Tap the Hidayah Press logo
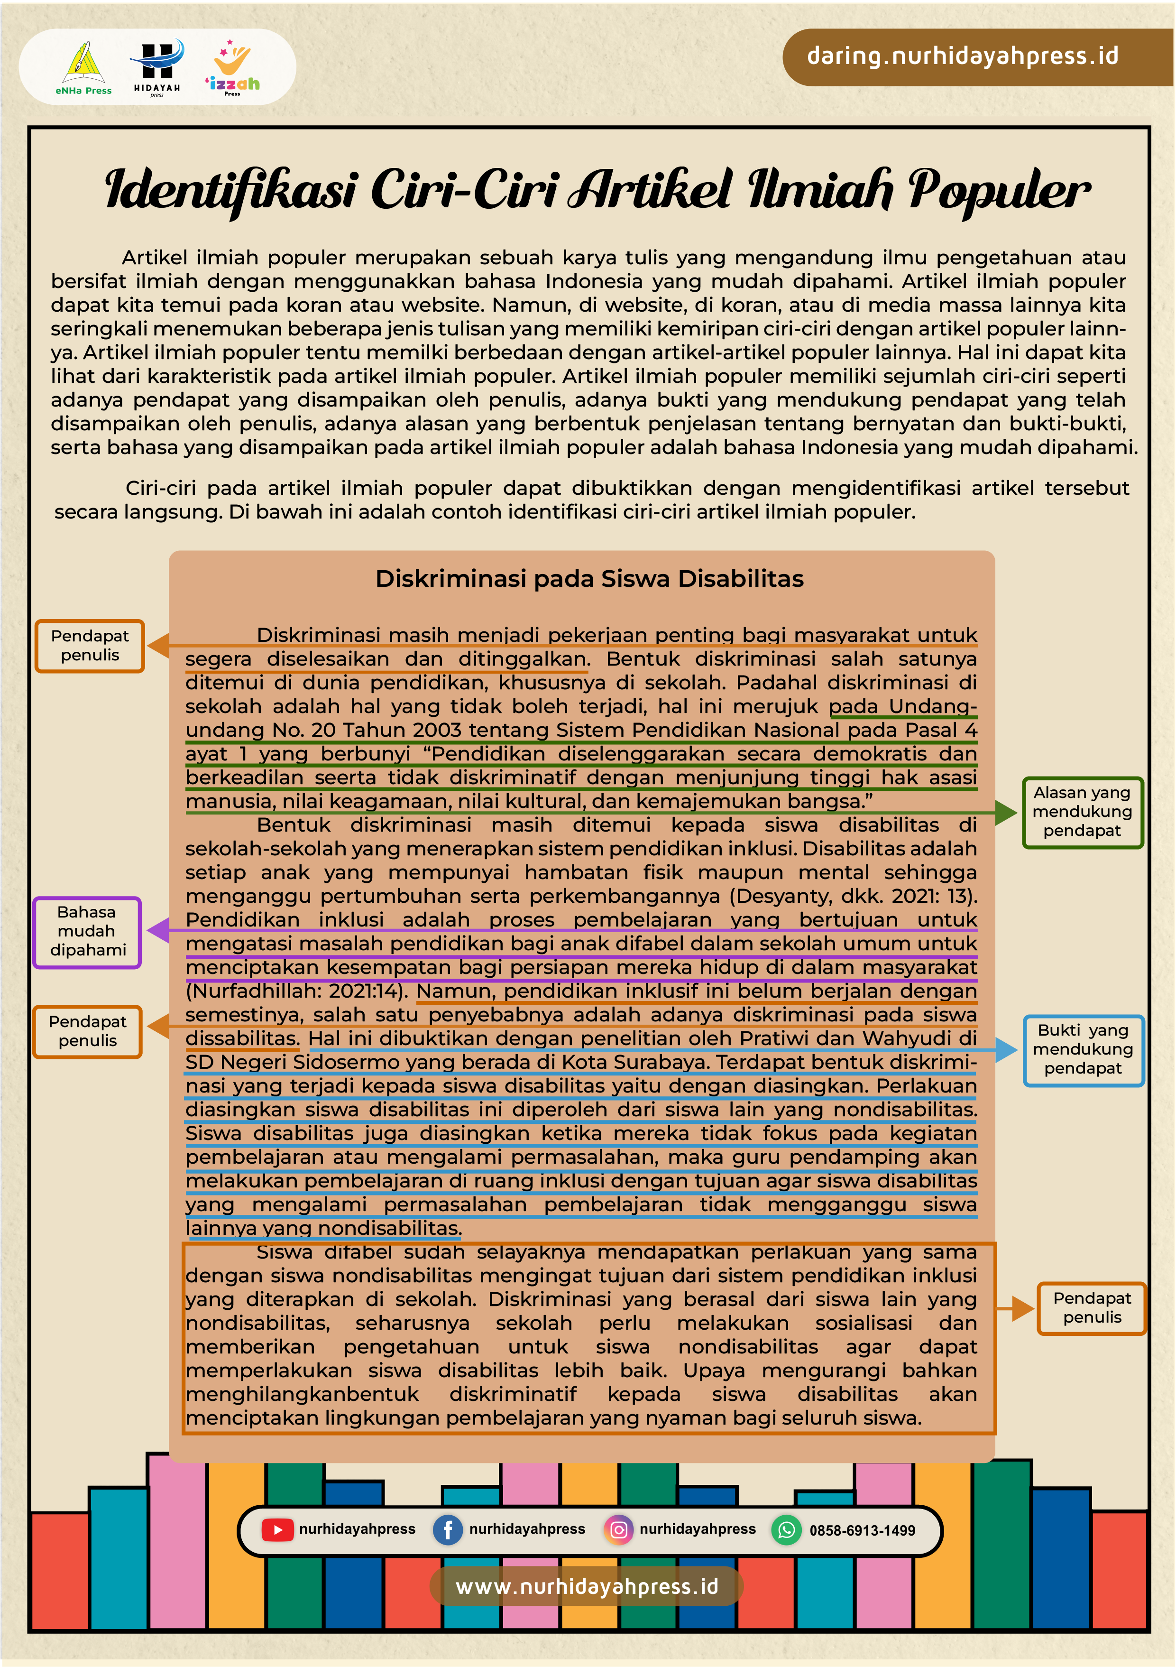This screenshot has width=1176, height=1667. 157,67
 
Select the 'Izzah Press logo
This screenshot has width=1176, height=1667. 232,67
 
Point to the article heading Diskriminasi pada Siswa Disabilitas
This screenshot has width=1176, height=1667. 589,579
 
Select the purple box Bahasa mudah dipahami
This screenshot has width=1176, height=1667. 87,932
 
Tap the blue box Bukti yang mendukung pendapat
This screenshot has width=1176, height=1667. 1083,1049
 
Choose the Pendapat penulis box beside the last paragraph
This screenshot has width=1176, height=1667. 1091,1307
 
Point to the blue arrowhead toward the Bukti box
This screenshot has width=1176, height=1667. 1006,1050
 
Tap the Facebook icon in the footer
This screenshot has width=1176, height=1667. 448,1530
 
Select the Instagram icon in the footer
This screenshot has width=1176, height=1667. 618,1530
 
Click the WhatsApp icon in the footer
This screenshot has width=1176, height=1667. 786,1530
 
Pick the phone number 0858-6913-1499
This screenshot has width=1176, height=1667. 863,1530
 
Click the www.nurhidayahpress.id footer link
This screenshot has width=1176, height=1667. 587,1586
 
